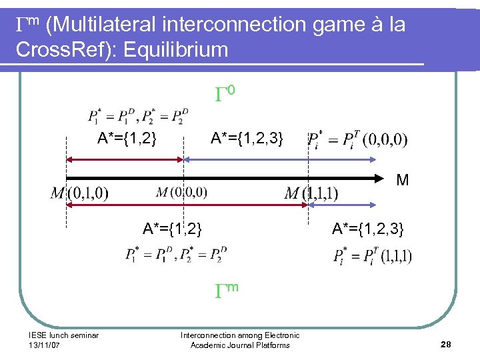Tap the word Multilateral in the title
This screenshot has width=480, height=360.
[x=103, y=25]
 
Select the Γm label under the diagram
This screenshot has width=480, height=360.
[x=226, y=288]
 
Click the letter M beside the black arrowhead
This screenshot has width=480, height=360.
[x=403, y=180]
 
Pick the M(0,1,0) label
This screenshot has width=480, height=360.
[x=79, y=193]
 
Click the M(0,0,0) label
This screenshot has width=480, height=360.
[x=181, y=193]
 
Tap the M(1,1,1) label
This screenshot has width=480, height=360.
[x=311, y=193]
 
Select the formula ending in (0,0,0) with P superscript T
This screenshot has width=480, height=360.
[x=357, y=139]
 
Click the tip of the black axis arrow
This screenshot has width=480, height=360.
[x=389, y=179]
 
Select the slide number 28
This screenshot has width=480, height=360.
[x=446, y=344]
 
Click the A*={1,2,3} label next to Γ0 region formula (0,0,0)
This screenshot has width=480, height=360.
[x=247, y=139]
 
